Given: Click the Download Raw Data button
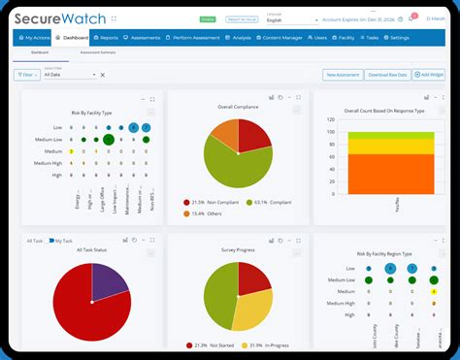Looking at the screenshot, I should pyautogui.click(x=385, y=74).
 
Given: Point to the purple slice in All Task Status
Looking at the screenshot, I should pyautogui.click(x=108, y=279).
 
